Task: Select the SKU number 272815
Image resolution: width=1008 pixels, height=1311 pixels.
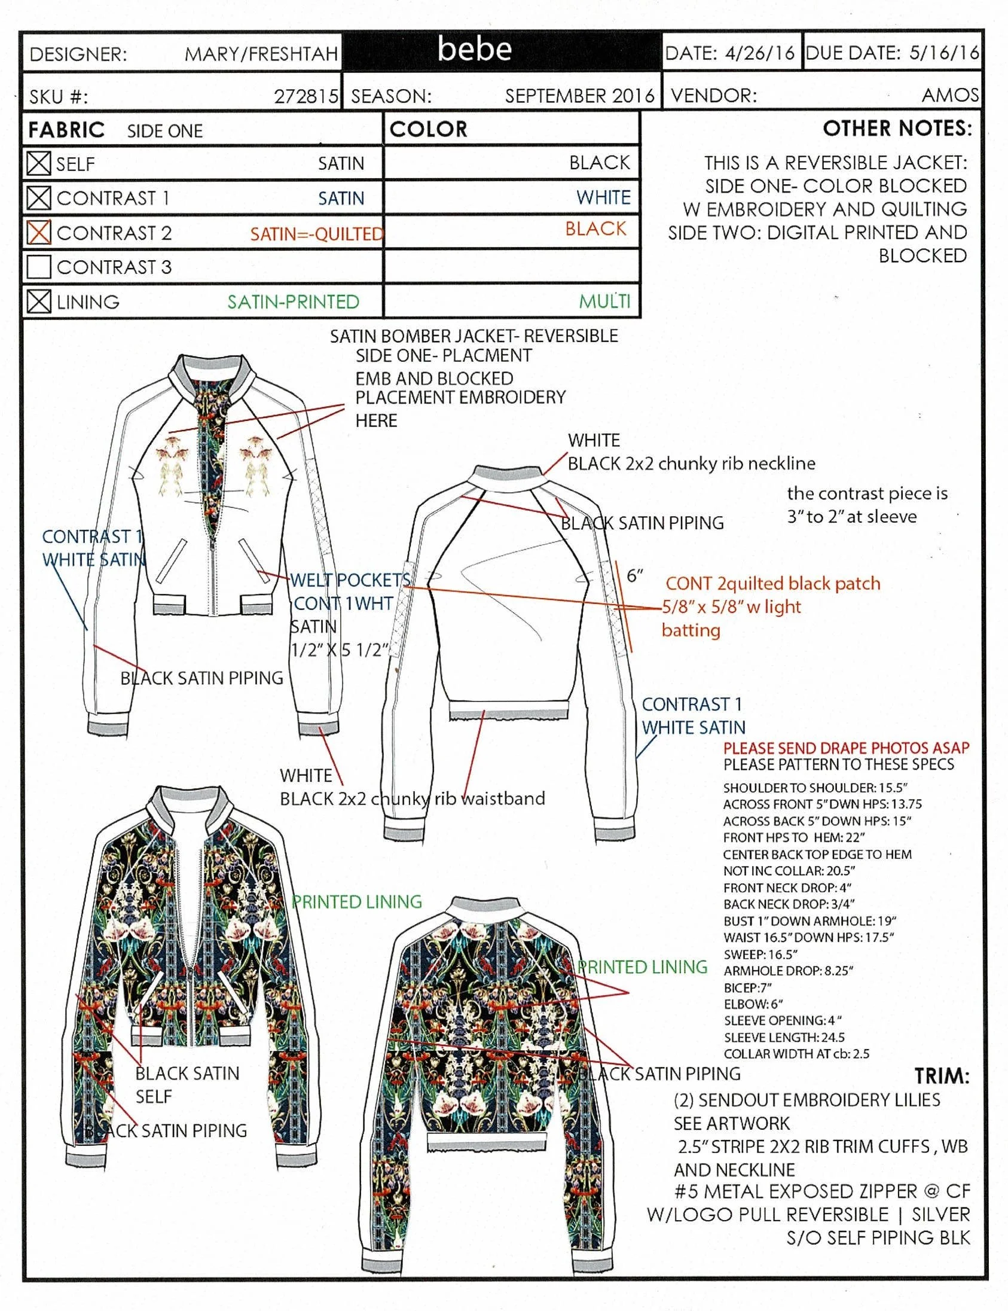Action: pyautogui.click(x=307, y=96)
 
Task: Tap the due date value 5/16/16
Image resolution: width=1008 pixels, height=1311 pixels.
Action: pyautogui.click(x=944, y=53)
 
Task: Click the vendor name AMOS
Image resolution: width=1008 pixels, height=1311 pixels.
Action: pyautogui.click(x=951, y=95)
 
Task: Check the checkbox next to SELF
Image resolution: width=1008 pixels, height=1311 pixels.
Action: pyautogui.click(x=39, y=163)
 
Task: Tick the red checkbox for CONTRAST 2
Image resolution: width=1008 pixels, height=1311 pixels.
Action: pyautogui.click(x=39, y=232)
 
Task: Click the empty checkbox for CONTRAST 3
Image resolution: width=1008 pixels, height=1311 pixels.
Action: pyautogui.click(x=39, y=267)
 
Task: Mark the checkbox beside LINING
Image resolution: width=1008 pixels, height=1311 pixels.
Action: pyautogui.click(x=39, y=301)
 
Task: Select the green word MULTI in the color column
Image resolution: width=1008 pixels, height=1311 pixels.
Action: pyautogui.click(x=605, y=301)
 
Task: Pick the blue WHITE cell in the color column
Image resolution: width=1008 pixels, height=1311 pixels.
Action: pyautogui.click(x=604, y=197)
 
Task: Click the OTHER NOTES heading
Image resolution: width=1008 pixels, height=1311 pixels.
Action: pyautogui.click(x=897, y=129)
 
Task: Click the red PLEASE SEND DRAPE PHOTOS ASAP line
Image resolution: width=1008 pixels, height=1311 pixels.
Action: pyautogui.click(x=846, y=748)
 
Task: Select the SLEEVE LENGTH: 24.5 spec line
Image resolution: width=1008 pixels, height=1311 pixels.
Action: pyautogui.click(x=784, y=1037)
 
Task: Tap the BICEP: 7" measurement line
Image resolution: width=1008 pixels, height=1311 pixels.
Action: pyautogui.click(x=747, y=987)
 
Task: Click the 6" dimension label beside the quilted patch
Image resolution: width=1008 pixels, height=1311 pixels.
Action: pyautogui.click(x=635, y=576)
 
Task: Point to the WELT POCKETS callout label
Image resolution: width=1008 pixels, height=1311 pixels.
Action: pyautogui.click(x=350, y=580)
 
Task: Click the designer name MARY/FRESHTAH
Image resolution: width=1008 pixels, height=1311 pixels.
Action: pyautogui.click(x=261, y=54)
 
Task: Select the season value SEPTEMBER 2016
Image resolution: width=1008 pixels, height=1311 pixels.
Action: pyautogui.click(x=579, y=96)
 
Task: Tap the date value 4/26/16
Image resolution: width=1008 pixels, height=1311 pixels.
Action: pyautogui.click(x=760, y=53)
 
